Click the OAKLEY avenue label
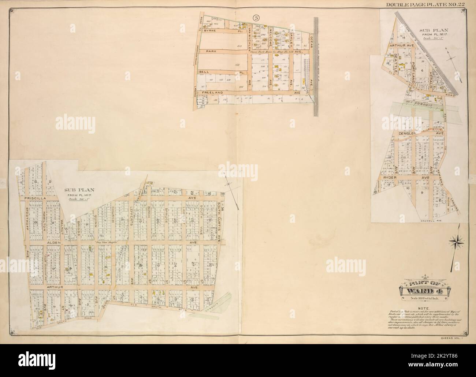[x=292, y=41]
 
